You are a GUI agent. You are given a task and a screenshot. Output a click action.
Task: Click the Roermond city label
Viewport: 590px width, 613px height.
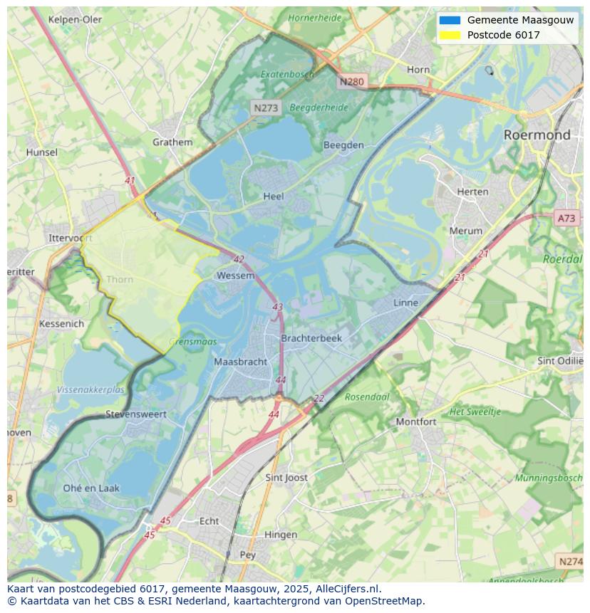click(x=537, y=135)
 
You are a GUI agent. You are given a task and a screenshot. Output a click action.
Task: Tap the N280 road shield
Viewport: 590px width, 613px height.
click(x=351, y=82)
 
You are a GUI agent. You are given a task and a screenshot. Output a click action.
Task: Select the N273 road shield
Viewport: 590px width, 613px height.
click(x=266, y=108)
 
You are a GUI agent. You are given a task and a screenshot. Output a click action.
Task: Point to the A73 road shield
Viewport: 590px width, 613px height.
click(x=566, y=219)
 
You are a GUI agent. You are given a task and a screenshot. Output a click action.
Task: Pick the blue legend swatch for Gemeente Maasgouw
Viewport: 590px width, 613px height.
click(x=450, y=20)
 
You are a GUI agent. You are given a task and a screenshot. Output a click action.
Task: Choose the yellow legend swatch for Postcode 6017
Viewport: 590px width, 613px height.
click(x=450, y=35)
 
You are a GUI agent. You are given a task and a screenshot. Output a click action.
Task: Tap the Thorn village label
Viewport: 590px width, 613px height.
click(x=120, y=279)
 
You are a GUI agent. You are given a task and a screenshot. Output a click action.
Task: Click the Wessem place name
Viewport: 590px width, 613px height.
click(x=235, y=276)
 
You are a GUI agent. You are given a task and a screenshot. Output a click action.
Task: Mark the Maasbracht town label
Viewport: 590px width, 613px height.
click(x=241, y=362)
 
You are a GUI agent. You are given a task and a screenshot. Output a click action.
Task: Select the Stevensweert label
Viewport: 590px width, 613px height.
click(x=135, y=414)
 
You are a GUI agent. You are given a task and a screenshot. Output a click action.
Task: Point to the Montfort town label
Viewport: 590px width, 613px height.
click(x=416, y=421)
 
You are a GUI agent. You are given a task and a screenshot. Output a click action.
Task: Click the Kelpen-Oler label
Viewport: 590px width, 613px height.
click(x=75, y=19)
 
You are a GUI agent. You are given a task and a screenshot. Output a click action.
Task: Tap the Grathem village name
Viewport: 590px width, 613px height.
click(x=172, y=142)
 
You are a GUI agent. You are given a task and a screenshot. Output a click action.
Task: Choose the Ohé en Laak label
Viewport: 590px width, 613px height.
click(x=91, y=488)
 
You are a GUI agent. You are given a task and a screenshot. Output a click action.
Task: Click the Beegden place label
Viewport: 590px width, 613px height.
click(x=343, y=145)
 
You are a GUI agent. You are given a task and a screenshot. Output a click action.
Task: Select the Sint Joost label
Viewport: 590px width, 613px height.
click(x=286, y=477)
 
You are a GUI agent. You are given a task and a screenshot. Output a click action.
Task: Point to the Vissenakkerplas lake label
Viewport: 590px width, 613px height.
click(x=90, y=390)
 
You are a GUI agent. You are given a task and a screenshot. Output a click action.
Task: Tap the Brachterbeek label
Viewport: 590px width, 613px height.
click(x=311, y=338)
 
